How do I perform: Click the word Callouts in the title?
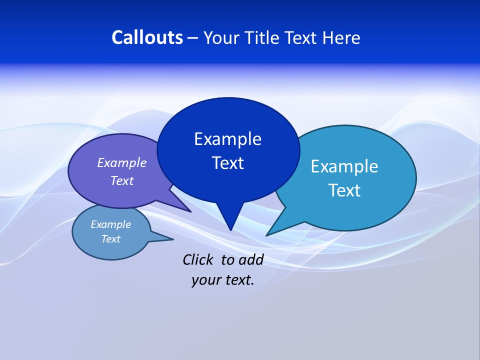147,37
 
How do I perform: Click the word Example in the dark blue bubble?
227,138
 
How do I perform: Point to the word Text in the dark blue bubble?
227,163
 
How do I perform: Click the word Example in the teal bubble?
344,166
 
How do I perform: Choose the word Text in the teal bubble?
344,190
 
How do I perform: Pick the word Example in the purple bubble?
121,162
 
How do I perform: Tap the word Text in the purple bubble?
121,180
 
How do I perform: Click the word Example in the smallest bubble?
110,224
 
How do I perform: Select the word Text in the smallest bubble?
110,239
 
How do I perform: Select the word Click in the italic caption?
197,259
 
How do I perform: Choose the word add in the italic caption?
250,259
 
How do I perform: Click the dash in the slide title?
193,38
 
